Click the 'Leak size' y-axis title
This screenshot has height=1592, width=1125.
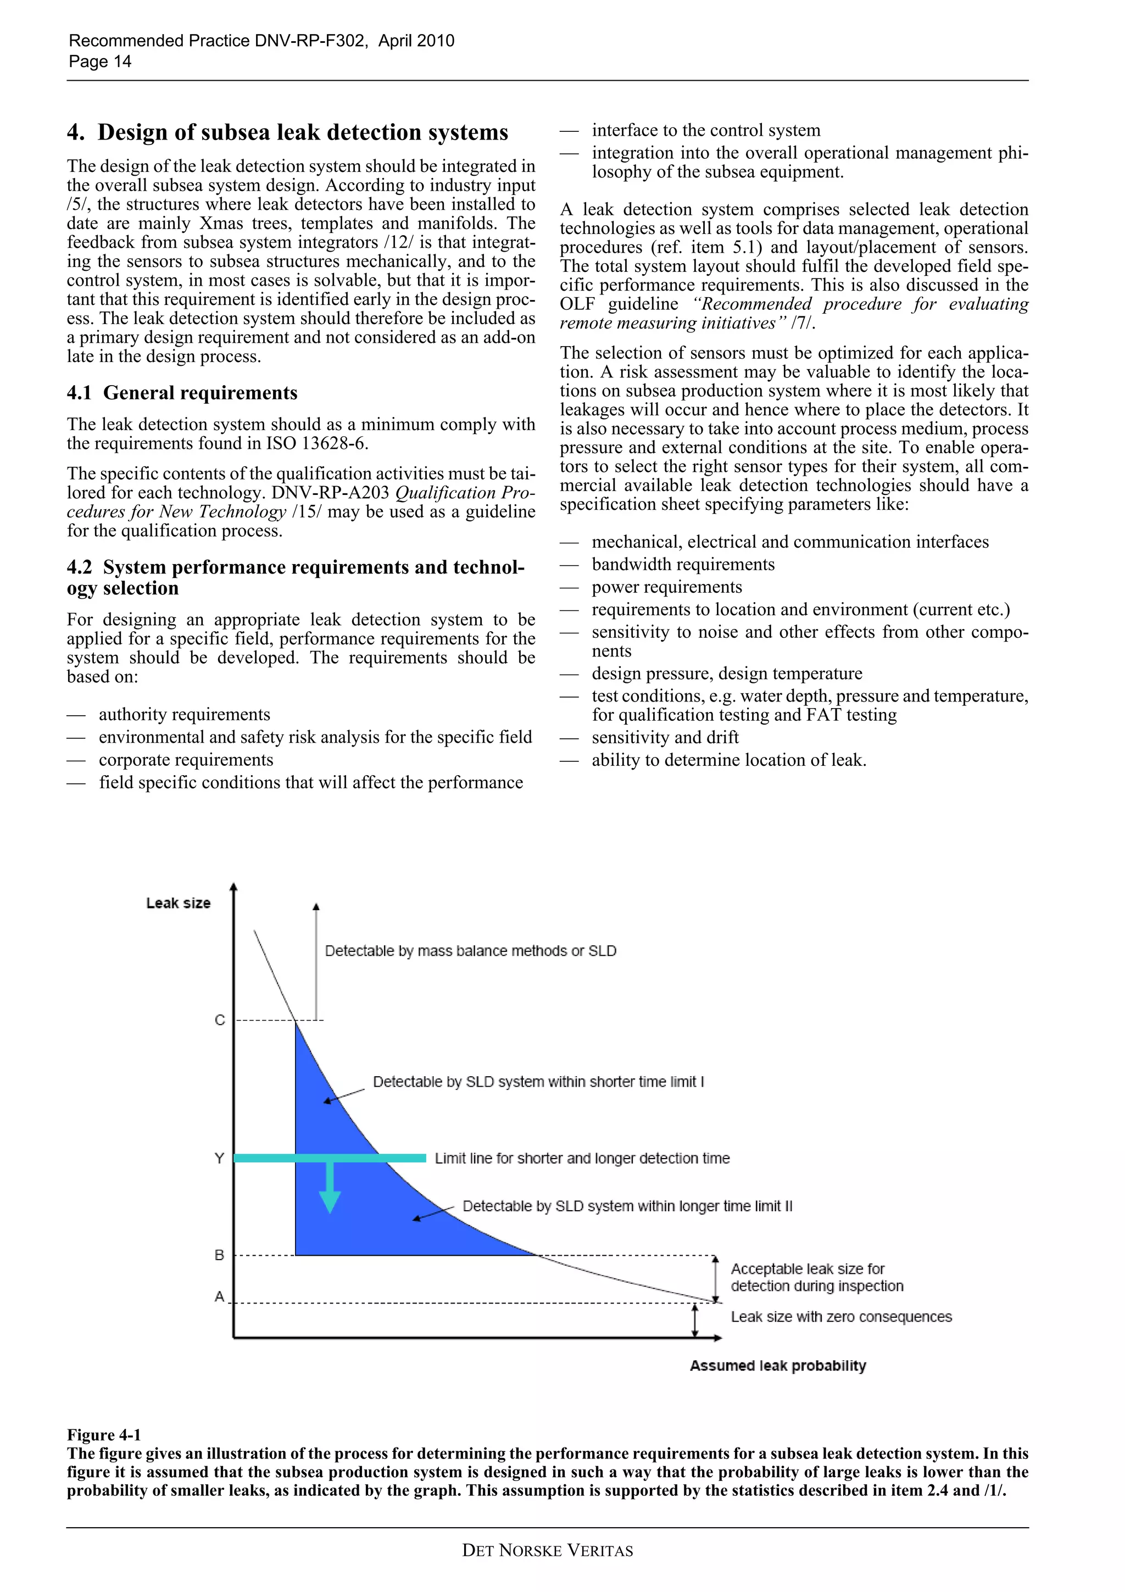[178, 903]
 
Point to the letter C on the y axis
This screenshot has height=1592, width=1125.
[220, 1020]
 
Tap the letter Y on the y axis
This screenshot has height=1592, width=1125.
[219, 1158]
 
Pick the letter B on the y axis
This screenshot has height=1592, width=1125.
[219, 1255]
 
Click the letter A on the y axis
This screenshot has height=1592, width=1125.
[219, 1296]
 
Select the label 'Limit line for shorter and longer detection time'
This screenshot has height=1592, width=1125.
[582, 1158]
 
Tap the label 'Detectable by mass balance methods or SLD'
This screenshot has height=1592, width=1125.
[471, 950]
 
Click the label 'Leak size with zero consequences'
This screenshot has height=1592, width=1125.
[841, 1317]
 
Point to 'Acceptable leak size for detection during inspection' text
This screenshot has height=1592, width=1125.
[816, 1277]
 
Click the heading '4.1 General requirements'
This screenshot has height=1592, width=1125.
[182, 393]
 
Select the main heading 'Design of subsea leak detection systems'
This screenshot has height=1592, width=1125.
[302, 132]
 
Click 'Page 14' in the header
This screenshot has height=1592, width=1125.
[100, 62]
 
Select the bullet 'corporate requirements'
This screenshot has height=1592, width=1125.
[186, 760]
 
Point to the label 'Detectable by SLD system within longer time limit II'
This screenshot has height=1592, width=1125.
[627, 1206]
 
